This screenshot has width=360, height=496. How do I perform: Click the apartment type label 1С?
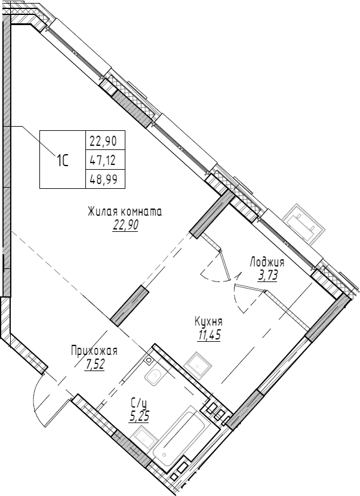click(x=63, y=160)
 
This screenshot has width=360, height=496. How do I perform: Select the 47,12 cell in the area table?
click(x=103, y=160)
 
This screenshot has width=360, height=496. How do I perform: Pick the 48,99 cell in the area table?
click(x=103, y=177)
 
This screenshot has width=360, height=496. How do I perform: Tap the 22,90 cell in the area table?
click(x=103, y=142)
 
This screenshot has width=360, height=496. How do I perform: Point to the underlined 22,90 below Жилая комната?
click(x=124, y=225)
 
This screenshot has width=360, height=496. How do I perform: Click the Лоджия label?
click(x=267, y=262)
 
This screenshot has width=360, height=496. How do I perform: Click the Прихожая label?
click(x=94, y=351)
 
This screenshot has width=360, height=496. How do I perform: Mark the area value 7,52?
click(x=94, y=365)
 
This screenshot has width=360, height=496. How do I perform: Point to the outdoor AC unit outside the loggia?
click(x=304, y=223)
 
